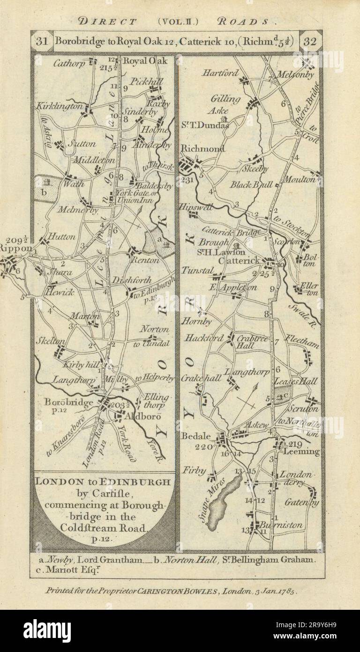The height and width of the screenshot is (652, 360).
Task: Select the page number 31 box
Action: tap(42, 41)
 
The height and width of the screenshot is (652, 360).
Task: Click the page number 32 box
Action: tap(310, 41)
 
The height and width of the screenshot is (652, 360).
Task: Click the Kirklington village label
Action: tap(59, 107)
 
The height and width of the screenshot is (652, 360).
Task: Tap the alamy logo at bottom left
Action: tap(47, 630)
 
